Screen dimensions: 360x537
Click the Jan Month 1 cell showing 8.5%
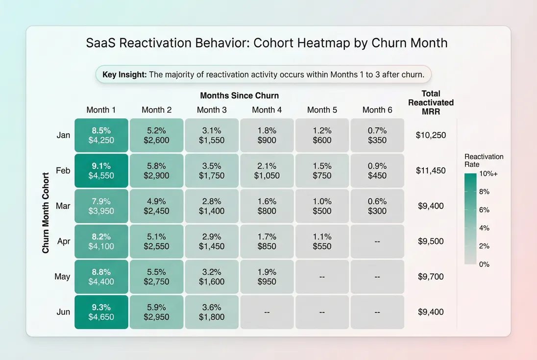101,135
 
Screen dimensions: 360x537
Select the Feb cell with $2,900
156,170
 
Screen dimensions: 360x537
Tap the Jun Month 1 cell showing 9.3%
101,312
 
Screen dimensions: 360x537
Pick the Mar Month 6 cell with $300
377,206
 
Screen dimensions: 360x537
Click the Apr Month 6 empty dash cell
377,241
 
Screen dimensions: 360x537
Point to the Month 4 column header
267,110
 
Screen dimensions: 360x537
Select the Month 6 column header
377,110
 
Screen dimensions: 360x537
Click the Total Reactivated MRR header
431,102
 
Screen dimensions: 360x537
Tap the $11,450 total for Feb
431,170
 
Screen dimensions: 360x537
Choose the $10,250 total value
431,135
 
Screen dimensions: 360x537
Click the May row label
62,277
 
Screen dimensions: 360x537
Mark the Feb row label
63,170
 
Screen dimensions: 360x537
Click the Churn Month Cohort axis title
46,213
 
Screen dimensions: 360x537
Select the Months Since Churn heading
239,96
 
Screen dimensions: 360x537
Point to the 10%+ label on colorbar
488,173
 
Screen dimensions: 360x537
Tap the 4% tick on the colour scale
484,228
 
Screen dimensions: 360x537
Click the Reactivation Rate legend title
484,160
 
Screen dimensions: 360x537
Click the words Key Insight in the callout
124,75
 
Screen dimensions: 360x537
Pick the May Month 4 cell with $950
267,277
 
